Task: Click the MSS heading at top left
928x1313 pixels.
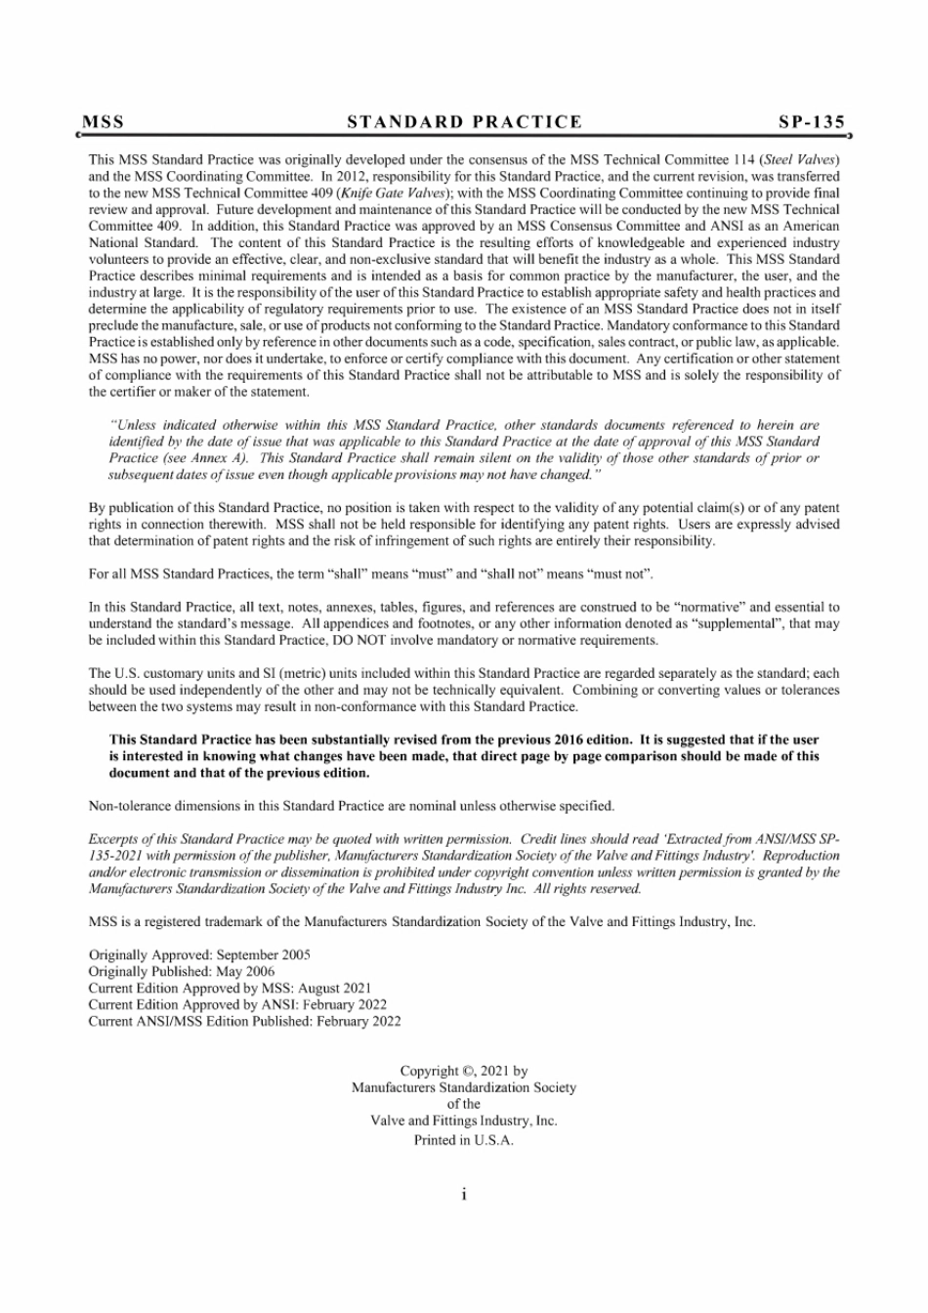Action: pyautogui.click(x=104, y=122)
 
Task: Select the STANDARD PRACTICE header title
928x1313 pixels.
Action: pyautogui.click(x=465, y=122)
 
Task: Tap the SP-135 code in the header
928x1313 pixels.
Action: pyautogui.click(x=811, y=122)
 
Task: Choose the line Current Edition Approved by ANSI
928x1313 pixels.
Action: pyautogui.click(x=237, y=1004)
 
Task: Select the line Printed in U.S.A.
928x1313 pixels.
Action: pyautogui.click(x=464, y=1140)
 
